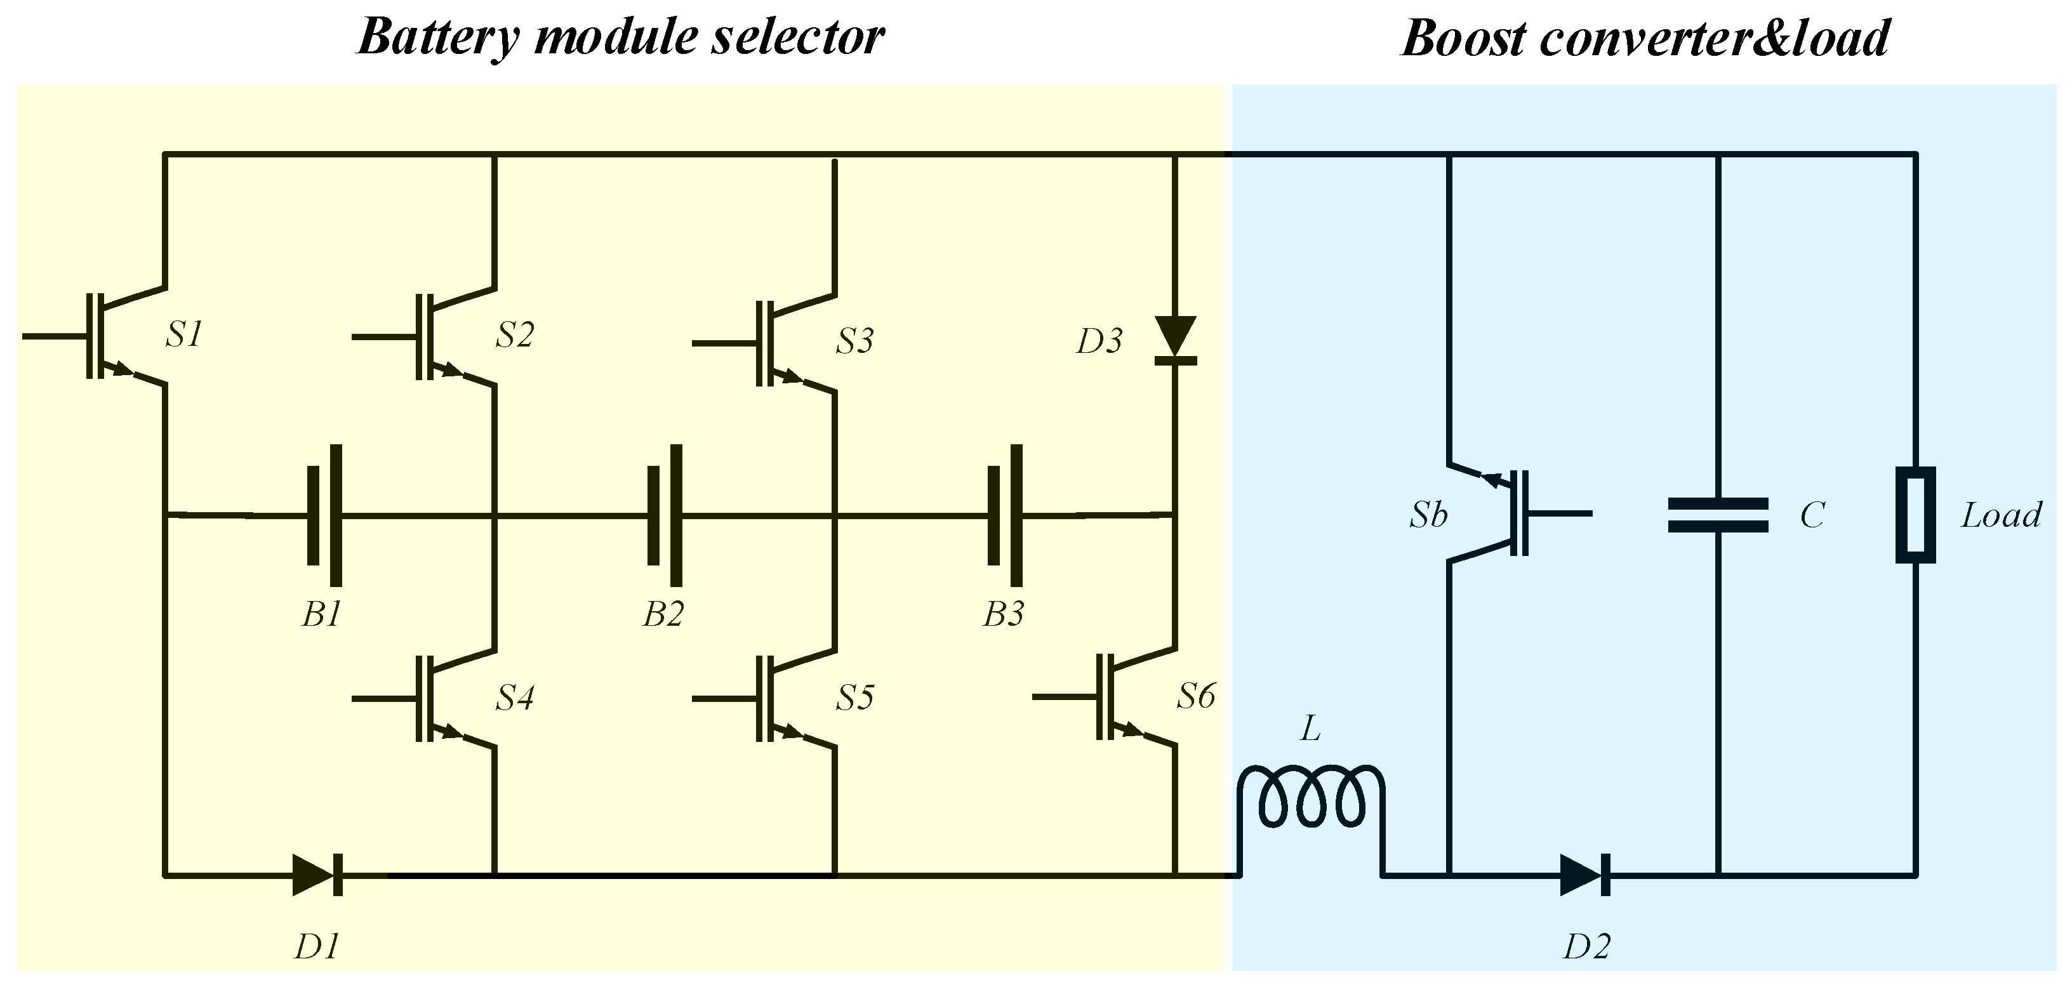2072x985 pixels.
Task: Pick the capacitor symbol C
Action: [x=1718, y=515]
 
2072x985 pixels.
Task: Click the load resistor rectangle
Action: [x=1915, y=515]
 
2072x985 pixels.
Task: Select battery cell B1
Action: [x=325, y=515]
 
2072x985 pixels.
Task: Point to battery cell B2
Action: [x=665, y=515]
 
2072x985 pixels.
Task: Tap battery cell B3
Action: [x=1006, y=515]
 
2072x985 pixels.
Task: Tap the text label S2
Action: [x=514, y=334]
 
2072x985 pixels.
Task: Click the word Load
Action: [x=2000, y=515]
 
